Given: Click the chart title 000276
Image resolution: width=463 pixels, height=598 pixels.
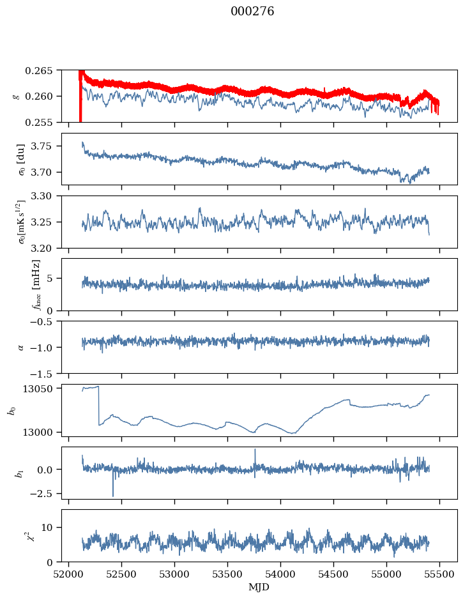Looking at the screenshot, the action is [252, 11].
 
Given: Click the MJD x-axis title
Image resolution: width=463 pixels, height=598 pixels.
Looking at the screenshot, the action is [259, 587].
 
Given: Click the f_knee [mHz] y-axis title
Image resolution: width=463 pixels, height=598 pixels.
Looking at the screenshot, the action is [36, 285].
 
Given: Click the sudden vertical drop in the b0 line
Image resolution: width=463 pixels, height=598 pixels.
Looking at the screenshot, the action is [99, 406].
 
